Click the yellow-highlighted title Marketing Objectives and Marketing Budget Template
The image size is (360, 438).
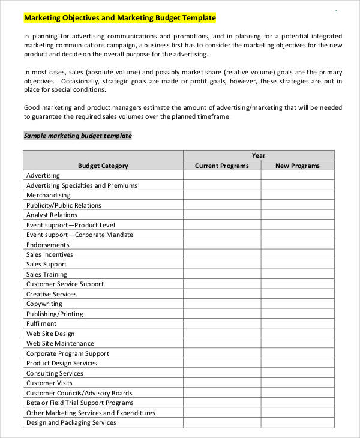coord(119,18)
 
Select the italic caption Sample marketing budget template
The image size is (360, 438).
coord(77,136)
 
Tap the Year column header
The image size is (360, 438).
coord(258,155)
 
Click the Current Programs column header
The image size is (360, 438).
coord(221,166)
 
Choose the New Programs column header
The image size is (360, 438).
coord(297,166)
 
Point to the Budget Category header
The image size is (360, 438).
coord(103,166)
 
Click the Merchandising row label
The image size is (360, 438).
coord(48,195)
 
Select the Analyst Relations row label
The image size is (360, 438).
coord(52,215)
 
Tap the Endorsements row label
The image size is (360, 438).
coord(47,245)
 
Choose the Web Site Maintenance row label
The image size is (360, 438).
coord(60,343)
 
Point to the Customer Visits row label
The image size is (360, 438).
coord(49,383)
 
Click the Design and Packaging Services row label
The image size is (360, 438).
coord(71,422)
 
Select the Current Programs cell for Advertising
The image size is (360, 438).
coord(221,175)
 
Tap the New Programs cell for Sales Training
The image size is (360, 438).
coord(297,274)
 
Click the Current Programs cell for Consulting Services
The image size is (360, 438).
coord(221,373)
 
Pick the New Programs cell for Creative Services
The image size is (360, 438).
coord(297,294)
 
